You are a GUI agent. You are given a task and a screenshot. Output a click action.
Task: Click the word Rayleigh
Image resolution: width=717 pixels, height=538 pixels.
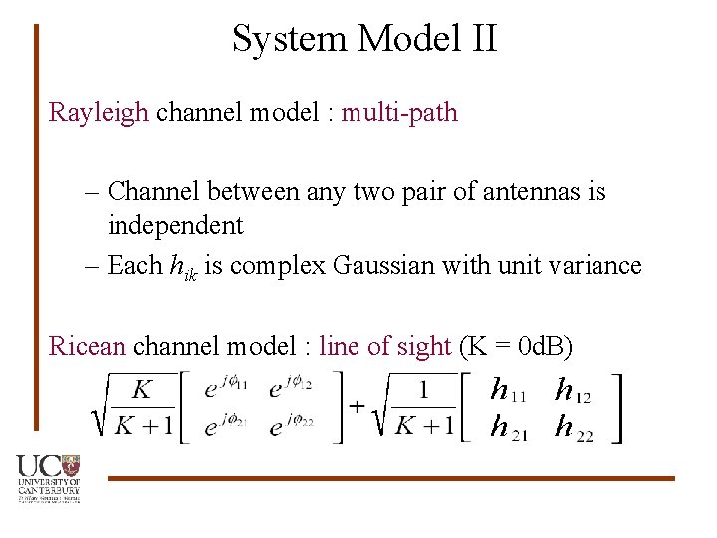[x=98, y=112]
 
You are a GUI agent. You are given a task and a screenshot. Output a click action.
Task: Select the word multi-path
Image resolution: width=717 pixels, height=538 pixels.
[x=399, y=112]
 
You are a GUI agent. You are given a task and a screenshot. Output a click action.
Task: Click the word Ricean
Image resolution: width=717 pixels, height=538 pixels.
[x=88, y=347]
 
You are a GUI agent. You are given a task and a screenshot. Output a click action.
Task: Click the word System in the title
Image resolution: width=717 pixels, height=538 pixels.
[x=290, y=39]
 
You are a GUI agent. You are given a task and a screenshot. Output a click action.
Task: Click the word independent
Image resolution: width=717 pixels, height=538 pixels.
[x=175, y=226]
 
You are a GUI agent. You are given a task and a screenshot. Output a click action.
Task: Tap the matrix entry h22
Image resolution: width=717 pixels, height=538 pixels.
[x=572, y=429]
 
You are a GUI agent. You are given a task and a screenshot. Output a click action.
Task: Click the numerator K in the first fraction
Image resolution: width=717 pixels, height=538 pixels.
[x=142, y=389]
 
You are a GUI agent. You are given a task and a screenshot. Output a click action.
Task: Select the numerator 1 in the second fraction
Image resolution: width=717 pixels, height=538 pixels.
[x=423, y=389]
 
